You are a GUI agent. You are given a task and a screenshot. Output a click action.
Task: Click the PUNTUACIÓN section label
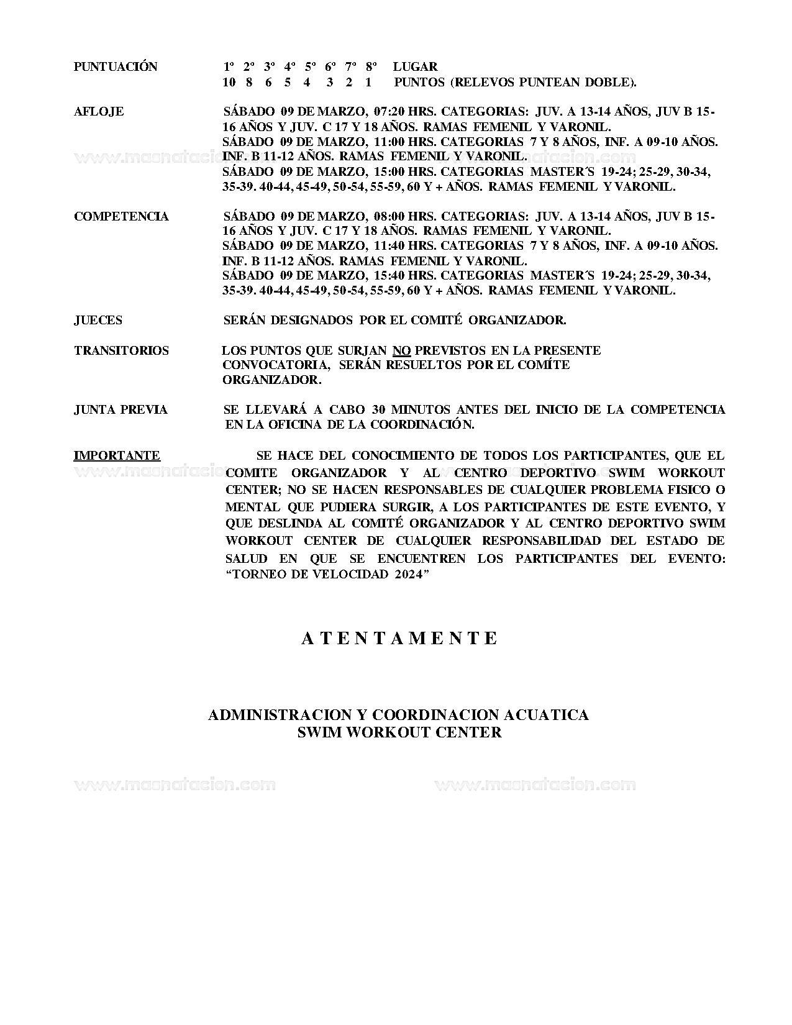coord(116,66)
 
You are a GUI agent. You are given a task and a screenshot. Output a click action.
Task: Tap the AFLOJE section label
coord(99,112)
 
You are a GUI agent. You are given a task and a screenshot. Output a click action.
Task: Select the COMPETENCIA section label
coord(121,216)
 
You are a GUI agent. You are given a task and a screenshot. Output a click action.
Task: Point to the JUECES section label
coord(98,321)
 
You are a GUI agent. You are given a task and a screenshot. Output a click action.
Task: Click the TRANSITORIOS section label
coord(121,350)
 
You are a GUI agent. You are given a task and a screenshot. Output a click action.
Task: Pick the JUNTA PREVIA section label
coord(121,410)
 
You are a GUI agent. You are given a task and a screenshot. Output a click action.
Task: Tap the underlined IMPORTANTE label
coord(117,455)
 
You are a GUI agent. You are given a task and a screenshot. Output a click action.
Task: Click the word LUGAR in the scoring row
coord(415,66)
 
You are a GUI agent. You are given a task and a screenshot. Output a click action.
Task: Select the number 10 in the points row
coord(229,82)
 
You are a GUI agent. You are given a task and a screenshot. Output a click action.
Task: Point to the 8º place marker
coord(371,66)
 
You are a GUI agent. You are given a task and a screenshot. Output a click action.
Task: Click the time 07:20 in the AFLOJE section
coord(389,112)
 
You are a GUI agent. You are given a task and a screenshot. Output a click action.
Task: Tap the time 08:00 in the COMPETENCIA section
coord(389,216)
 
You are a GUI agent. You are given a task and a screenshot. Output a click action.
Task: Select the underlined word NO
coord(402,350)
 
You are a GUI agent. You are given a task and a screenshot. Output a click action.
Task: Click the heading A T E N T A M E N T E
coord(399,639)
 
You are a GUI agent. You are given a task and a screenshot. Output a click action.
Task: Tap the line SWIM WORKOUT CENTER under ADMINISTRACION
coord(399,732)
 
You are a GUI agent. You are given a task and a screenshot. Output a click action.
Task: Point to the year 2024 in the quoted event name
coord(407,574)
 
